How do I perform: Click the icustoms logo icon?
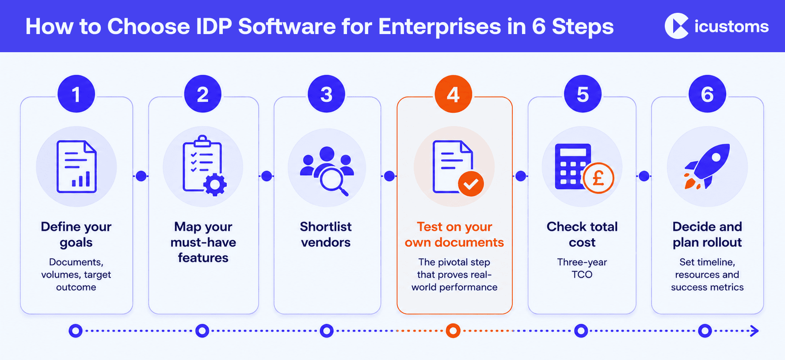tap(677, 26)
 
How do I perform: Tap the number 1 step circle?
tap(76, 94)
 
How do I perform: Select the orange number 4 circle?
tap(453, 94)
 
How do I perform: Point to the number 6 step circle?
tap(707, 94)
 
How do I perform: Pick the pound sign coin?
tap(598, 178)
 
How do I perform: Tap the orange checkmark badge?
tap(471, 184)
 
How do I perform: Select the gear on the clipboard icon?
tap(215, 185)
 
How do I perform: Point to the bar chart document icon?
tap(76, 166)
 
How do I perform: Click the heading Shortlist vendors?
tap(326, 234)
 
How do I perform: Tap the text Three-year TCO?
tap(582, 268)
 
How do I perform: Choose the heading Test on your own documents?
tap(454, 234)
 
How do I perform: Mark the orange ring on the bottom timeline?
tap(453, 330)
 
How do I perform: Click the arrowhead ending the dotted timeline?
tap(755, 330)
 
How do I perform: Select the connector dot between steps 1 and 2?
tap(141, 176)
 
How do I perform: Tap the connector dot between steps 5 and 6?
tap(644, 176)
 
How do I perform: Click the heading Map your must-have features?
tap(203, 242)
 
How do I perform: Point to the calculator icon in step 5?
tap(573, 166)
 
